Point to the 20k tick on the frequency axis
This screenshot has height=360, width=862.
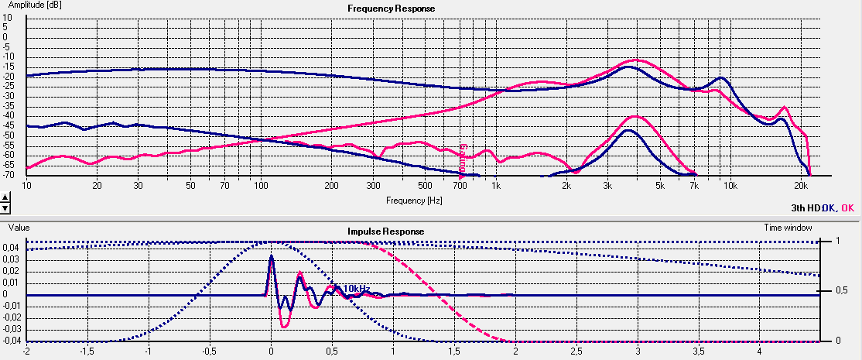801,187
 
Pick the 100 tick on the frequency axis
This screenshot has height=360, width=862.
260,187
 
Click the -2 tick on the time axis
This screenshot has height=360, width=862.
26,351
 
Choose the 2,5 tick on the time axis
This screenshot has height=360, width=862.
576,351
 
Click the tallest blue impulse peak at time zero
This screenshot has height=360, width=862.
271,256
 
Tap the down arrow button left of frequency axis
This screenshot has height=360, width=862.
5,207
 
